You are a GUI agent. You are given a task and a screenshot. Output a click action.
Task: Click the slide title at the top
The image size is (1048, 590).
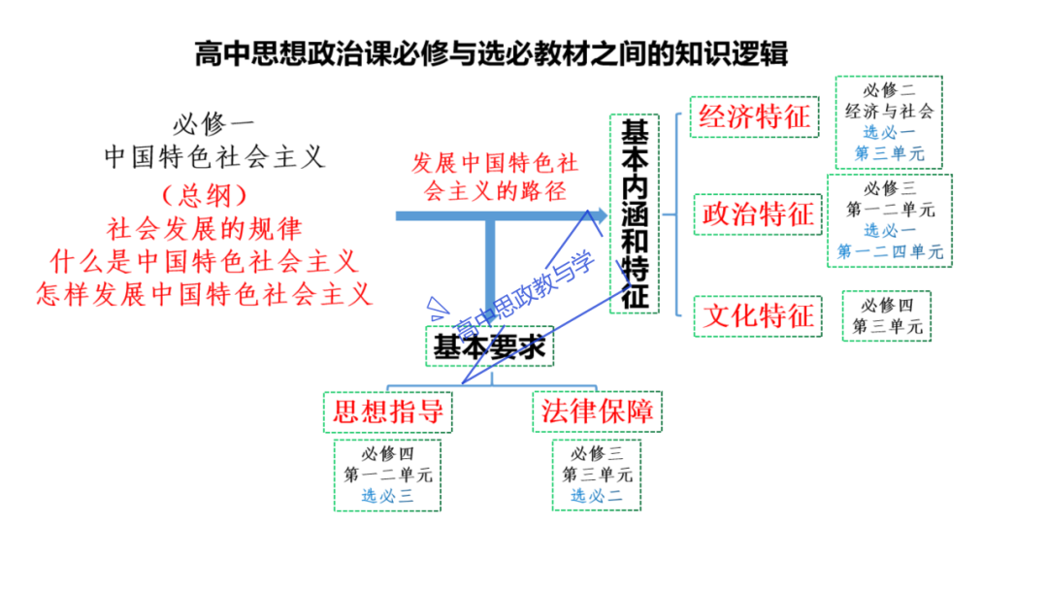point(491,53)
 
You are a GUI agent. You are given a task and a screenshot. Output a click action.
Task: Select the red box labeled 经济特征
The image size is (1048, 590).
point(753,117)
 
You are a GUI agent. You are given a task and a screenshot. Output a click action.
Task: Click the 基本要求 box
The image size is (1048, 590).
point(489,346)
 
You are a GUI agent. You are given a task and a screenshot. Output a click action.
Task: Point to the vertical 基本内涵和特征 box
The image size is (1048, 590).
point(635,214)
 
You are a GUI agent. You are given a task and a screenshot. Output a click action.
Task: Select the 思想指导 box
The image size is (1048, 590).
point(388,410)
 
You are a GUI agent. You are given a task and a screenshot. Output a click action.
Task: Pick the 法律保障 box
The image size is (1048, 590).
point(597,410)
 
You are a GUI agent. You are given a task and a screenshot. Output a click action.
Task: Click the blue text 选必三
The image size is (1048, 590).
point(388,496)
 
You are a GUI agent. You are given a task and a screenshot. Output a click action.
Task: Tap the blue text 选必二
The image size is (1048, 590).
point(597,496)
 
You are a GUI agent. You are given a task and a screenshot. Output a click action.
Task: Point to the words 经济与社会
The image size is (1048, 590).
point(889,111)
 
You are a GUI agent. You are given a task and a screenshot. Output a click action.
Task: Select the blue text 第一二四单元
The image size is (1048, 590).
point(891,252)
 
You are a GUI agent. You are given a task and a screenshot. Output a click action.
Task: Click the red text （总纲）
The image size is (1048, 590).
point(205,195)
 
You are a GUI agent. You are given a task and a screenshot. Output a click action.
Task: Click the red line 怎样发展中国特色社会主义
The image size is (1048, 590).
point(205,293)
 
